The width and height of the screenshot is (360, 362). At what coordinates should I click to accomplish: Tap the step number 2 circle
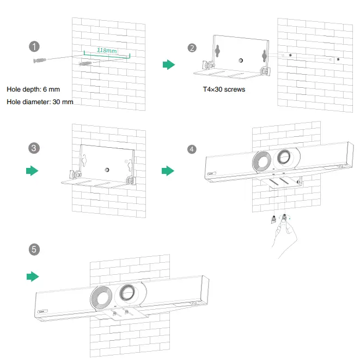point(192,48)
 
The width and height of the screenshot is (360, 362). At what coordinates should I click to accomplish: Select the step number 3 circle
point(35,148)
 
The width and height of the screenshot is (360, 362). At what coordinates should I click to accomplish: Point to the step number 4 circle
point(192,149)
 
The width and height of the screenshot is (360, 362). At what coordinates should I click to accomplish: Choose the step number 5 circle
point(35,249)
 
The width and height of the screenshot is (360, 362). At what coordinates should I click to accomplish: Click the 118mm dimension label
point(107,50)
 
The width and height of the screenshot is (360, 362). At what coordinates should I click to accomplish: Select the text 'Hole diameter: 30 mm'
point(40,102)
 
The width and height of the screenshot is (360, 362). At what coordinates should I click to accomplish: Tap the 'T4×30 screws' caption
point(224,89)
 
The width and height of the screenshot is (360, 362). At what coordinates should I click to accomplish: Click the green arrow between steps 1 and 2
point(169,65)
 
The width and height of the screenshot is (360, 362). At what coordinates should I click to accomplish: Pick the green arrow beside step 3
point(33,171)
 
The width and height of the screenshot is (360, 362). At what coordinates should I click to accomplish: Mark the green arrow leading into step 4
point(168,171)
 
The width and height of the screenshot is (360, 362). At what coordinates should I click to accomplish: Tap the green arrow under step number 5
point(33,276)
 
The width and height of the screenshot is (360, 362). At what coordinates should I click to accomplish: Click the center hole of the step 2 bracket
point(240,59)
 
